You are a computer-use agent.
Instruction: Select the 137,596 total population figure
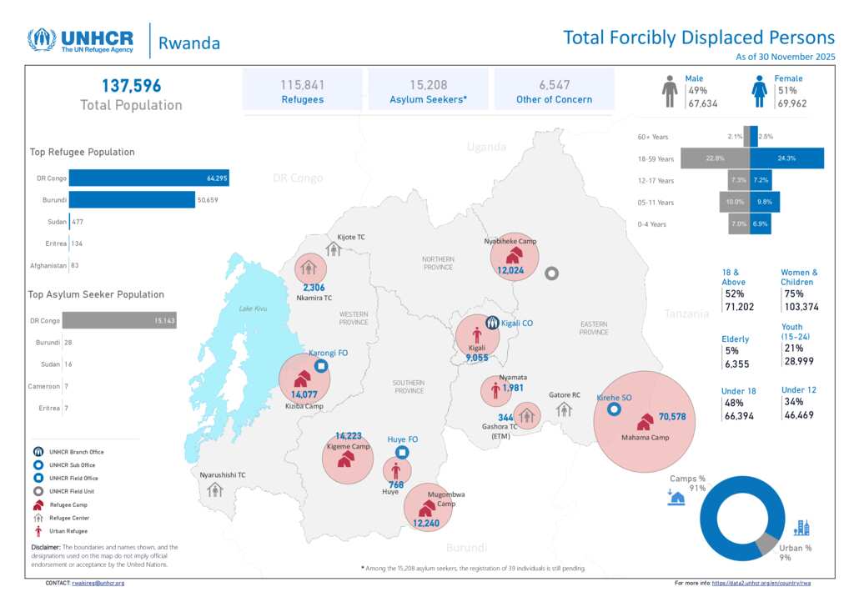coord(132,86)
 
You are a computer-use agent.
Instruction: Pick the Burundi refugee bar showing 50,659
coord(131,200)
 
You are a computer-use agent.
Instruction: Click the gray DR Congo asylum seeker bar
coord(119,320)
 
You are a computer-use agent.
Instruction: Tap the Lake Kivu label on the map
coord(253,309)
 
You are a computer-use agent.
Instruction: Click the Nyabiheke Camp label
coord(510,242)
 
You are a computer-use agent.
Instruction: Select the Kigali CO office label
coord(517,323)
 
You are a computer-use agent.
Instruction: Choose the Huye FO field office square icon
coord(402,453)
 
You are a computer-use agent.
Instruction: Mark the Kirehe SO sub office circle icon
coord(614,409)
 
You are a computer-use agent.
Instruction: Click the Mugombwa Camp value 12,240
coord(432,524)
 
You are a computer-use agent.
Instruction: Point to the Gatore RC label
coord(565,395)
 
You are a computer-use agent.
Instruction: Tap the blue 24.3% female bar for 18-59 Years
coord(786,158)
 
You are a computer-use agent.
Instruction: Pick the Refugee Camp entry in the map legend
coord(75,505)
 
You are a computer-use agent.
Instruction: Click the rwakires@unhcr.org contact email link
coord(98,583)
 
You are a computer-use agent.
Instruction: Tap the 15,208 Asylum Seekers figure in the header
coord(429,85)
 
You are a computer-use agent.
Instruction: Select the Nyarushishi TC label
coord(223,474)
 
